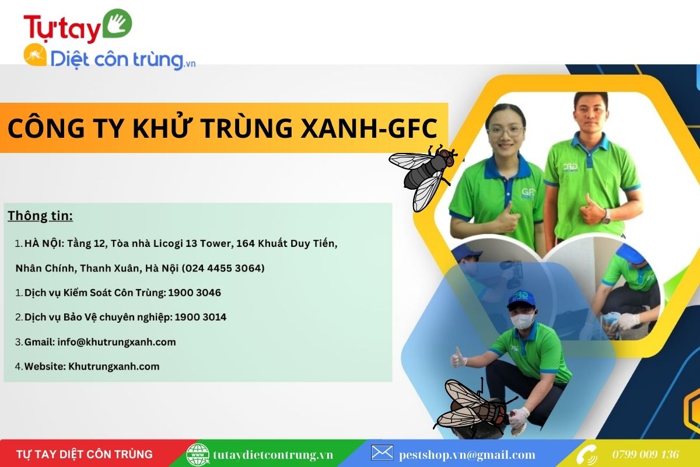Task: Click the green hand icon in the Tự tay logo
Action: click(x=117, y=23)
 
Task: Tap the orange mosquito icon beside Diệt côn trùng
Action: click(x=36, y=55)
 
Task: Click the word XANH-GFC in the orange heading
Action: click(x=369, y=128)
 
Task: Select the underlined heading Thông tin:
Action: click(x=40, y=216)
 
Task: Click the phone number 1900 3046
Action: click(x=194, y=292)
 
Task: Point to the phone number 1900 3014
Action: click(x=200, y=317)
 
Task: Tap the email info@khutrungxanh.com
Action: click(x=117, y=342)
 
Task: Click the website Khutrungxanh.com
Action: click(x=114, y=366)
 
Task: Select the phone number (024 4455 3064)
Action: click(x=223, y=268)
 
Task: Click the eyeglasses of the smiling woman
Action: click(x=506, y=131)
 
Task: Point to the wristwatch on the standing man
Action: click(x=606, y=217)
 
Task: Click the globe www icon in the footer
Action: click(x=198, y=455)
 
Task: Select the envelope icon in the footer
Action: click(x=382, y=453)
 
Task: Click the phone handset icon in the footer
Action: click(x=587, y=455)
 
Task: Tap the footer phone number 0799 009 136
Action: click(x=646, y=455)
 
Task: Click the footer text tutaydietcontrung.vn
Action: click(x=273, y=455)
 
